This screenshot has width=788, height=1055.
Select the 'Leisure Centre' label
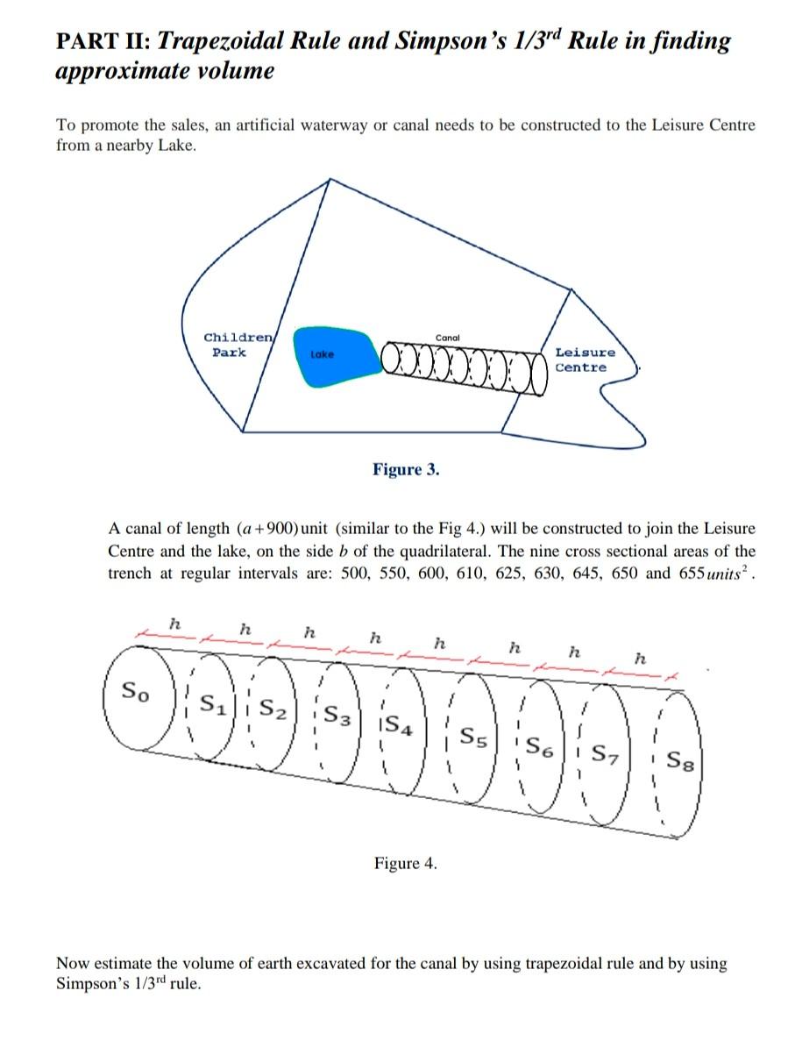[585, 360]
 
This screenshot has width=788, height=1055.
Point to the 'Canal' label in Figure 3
[448, 337]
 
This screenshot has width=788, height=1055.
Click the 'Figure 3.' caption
[406, 469]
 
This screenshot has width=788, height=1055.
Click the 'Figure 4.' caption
[405, 864]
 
